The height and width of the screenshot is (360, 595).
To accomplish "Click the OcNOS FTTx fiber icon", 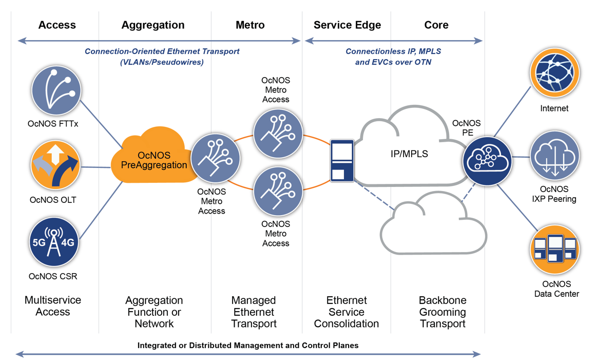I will click(x=56, y=91).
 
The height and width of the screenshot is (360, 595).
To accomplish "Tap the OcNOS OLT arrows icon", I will click(x=55, y=166).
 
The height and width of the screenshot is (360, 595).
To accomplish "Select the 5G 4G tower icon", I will click(x=53, y=242).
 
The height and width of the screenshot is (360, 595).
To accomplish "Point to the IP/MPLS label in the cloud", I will click(x=409, y=154).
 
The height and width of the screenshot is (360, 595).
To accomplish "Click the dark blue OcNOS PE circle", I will click(x=487, y=161).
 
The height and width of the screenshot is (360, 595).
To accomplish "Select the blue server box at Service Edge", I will click(x=342, y=160).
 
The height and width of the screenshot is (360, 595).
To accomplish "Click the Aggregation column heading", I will click(x=153, y=25).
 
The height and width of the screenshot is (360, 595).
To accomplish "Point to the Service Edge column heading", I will click(x=347, y=25).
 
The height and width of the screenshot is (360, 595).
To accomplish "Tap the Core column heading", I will click(x=436, y=25).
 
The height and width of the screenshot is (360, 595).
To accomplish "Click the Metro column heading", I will click(x=250, y=25).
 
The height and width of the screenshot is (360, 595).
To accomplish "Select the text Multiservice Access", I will click(x=53, y=306).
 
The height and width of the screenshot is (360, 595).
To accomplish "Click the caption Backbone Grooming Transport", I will click(x=443, y=312).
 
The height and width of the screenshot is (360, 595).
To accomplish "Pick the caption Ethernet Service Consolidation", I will click(x=347, y=312).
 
